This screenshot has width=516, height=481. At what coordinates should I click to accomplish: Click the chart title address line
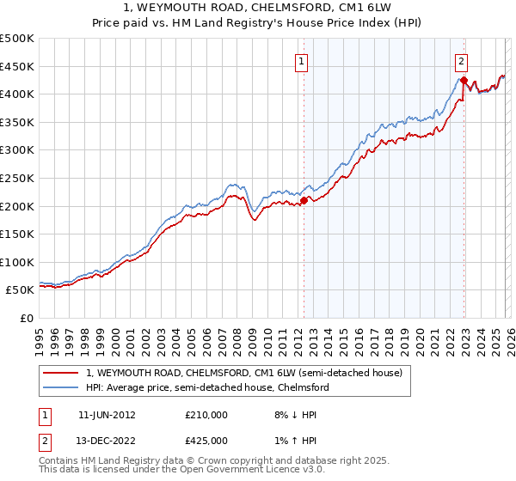pyautogui.click(x=258, y=8)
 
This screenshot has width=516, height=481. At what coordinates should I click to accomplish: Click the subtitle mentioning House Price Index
pyautogui.click(x=258, y=23)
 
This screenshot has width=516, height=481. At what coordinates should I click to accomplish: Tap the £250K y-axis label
pyautogui.click(x=17, y=178)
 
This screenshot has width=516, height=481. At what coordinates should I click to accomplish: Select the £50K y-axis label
pyautogui.click(x=21, y=290)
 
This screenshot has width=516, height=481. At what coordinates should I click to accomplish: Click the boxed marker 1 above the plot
pyautogui.click(x=303, y=61)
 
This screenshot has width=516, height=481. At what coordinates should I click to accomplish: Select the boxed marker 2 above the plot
pyautogui.click(x=462, y=61)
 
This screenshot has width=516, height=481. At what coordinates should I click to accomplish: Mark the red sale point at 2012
pyautogui.click(x=304, y=201)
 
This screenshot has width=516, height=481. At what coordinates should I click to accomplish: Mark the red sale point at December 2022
pyautogui.click(x=464, y=81)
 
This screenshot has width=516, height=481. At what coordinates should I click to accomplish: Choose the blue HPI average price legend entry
pyautogui.click(x=206, y=387)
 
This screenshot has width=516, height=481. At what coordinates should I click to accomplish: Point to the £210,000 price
pyautogui.click(x=206, y=414)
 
